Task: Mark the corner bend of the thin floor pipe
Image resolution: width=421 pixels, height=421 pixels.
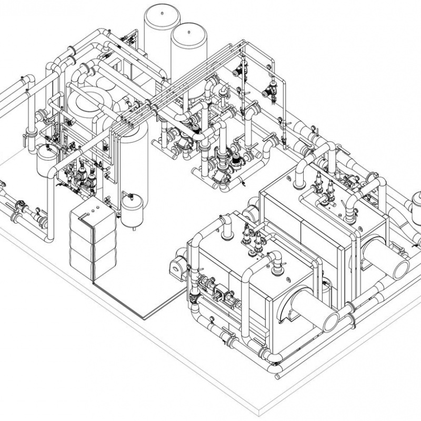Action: point(144,316)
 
